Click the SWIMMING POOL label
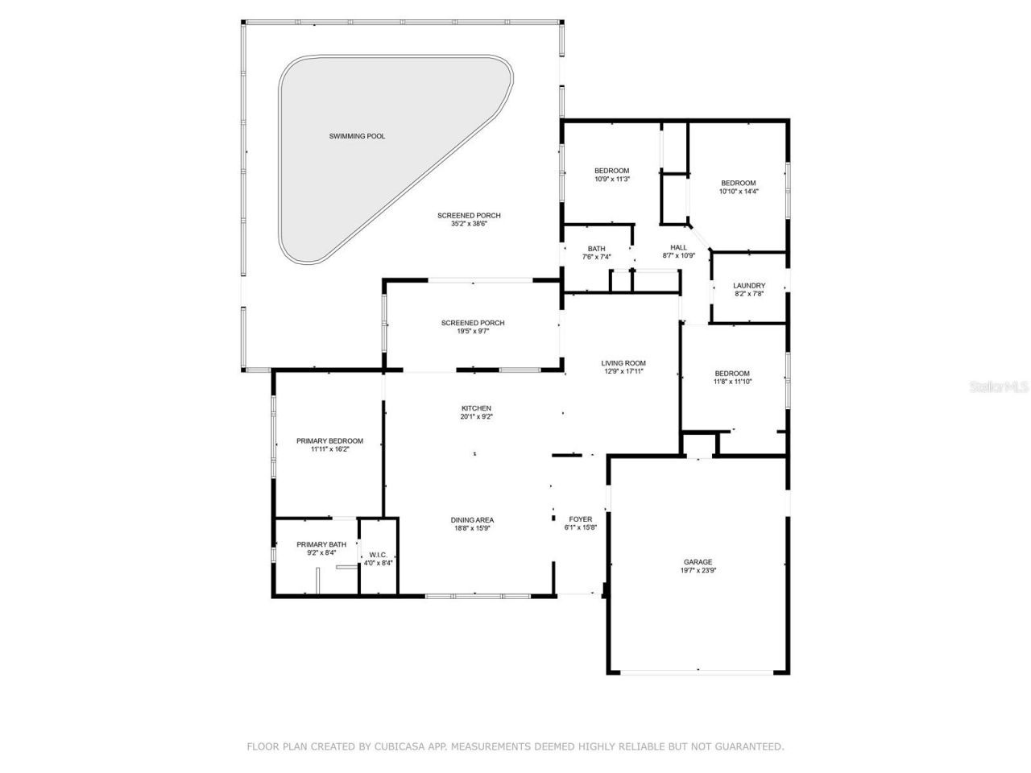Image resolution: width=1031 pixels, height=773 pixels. point(357,136)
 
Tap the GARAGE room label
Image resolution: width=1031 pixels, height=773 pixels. point(698,562)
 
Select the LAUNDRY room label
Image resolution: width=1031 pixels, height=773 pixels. point(748,286)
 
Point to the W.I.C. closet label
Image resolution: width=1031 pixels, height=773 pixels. point(378,555)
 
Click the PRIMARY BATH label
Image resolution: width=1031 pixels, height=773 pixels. point(321,544)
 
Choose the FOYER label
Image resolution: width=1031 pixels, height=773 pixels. point(580,519)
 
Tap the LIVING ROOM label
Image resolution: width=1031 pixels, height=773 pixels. point(623,363)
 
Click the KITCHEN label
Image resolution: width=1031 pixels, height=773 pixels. point(476,408)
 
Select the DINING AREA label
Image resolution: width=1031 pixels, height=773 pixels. point(472,519)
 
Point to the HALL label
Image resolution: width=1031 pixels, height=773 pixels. point(679,247)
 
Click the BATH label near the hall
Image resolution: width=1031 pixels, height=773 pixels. point(596,249)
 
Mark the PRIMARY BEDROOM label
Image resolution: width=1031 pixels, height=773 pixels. point(329,440)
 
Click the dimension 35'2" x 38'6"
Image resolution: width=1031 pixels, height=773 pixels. point(469,224)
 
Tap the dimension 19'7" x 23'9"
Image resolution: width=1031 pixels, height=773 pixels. point(698,571)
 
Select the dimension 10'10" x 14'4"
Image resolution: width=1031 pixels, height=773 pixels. point(739,192)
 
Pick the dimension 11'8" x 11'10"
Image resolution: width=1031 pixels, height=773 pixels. point(732,382)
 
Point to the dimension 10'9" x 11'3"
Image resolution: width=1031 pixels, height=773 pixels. point(611,179)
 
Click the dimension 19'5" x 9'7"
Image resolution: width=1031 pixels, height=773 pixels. point(473,331)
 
